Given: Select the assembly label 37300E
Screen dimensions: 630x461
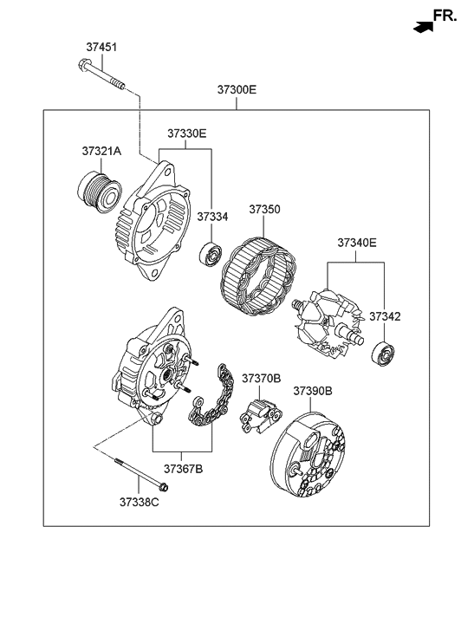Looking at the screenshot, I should coord(237,90).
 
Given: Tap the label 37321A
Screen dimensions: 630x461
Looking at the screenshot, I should coord(102,151).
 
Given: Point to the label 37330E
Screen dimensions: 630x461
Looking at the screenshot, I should coord(187,133).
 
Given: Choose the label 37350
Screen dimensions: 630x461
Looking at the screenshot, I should coord(265,210).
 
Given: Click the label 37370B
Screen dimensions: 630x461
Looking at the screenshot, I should coord(261,379).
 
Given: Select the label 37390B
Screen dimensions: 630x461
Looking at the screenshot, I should coord(313,392).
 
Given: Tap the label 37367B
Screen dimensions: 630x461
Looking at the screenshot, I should coord(182,469).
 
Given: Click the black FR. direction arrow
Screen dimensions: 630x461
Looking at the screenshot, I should coord(423,28).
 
